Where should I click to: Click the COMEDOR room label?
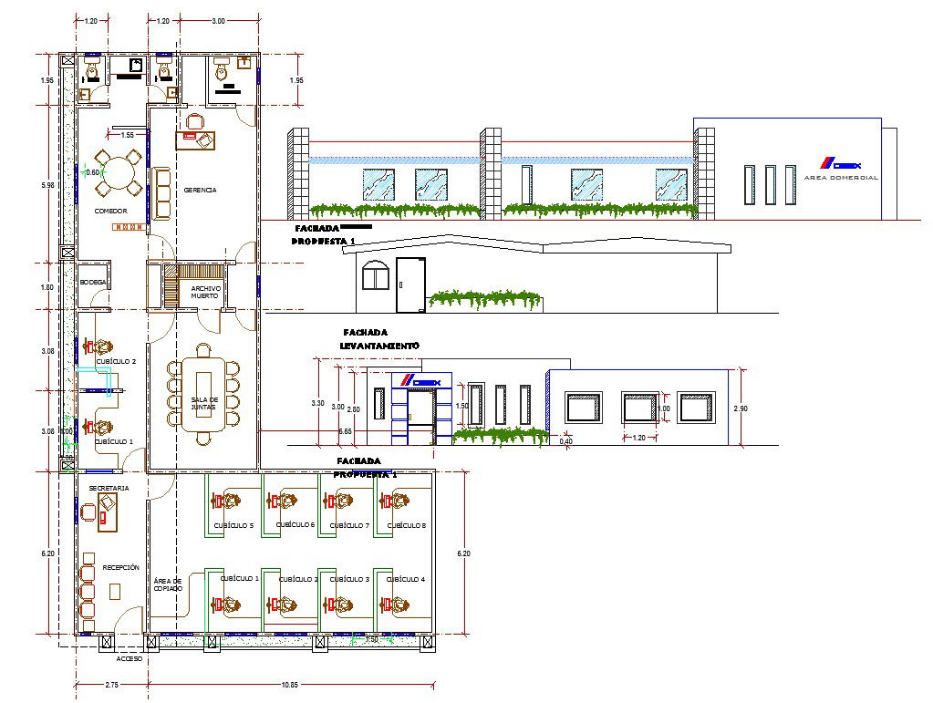click(110, 211)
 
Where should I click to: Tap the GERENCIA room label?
click(200, 191)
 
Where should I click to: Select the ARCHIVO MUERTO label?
click(204, 292)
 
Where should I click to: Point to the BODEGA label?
click(93, 282)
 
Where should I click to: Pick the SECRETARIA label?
click(109, 489)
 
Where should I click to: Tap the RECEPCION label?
click(120, 567)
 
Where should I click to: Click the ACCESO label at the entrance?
click(130, 658)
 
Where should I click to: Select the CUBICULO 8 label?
click(406, 525)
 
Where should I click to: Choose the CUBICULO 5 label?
click(233, 525)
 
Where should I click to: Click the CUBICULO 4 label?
click(406, 579)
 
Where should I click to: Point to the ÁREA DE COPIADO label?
click(167, 584)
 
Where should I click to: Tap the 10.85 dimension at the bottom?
click(289, 684)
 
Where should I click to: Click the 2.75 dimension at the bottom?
click(112, 684)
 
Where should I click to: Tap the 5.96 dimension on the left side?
click(48, 185)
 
